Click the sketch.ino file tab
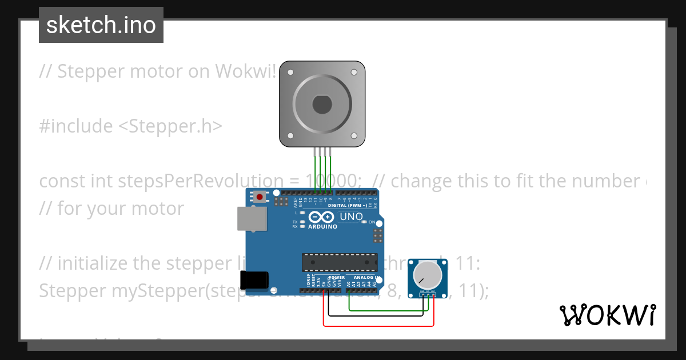(101, 25)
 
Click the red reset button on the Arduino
(260, 197)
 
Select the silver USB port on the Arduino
(252, 218)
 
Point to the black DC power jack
(254, 280)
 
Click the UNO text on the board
(351, 217)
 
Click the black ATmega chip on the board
(340, 262)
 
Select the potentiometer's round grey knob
(428, 275)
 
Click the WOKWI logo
(607, 315)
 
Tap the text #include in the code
(75, 126)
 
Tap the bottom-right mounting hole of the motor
(353, 135)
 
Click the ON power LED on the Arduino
(364, 222)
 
